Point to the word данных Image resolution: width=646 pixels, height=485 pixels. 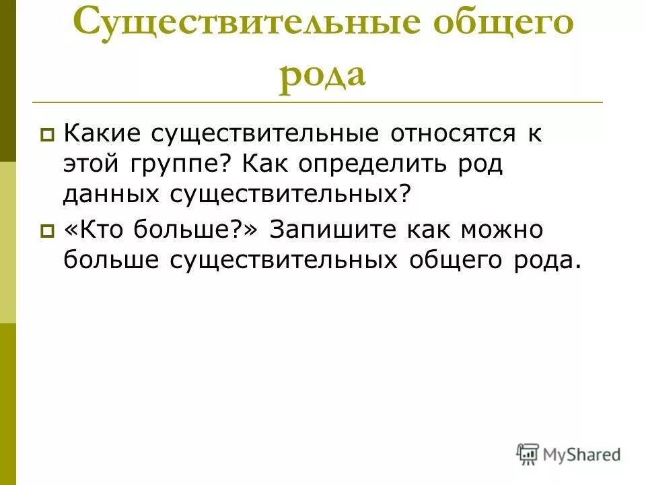(x=106, y=196)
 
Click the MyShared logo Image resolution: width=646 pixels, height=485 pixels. (x=569, y=455)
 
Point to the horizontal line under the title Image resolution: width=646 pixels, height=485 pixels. (x=316, y=102)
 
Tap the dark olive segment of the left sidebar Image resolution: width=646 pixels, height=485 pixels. (x=7, y=81)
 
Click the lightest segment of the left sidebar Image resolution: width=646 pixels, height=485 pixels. (x=7, y=243)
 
